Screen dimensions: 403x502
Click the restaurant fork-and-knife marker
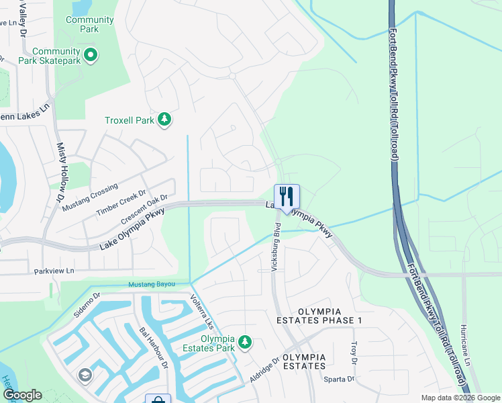pos(287,197)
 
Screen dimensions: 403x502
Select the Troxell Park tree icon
pos(164,120)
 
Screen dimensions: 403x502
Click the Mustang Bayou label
pos(152,285)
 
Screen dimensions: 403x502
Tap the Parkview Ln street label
pos(53,272)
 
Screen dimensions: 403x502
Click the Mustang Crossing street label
pos(90,196)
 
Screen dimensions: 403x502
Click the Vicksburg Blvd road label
pos(274,249)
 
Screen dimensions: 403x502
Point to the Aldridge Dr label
pos(264,371)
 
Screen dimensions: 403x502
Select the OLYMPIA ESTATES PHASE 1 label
pos(320,316)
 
